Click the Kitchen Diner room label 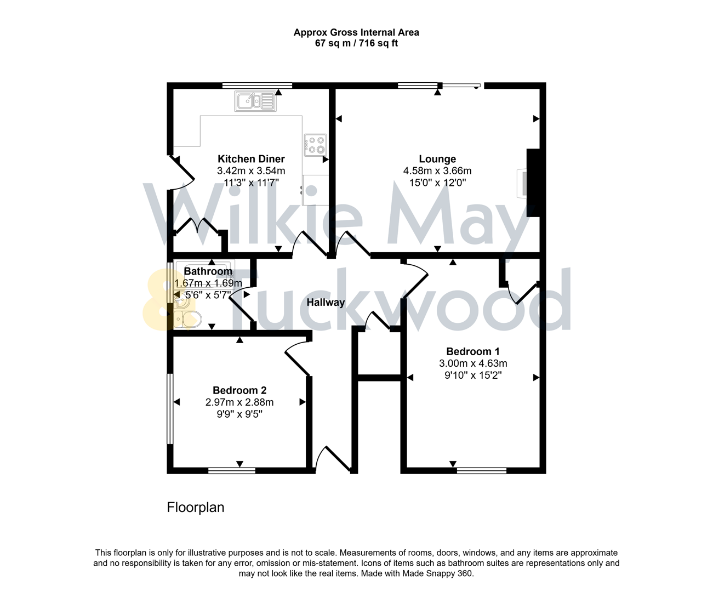(251, 159)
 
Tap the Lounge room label (437, 159)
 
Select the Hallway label (326, 302)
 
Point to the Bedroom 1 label (473, 351)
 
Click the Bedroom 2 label (239, 390)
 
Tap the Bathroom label (208, 271)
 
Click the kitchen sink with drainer (255, 101)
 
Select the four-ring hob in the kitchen (316, 145)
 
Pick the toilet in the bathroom (188, 318)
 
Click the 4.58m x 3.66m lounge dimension (437, 171)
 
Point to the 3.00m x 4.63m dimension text (473, 363)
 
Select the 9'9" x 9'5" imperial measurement (239, 414)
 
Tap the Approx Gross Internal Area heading (356, 32)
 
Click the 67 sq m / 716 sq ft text (356, 43)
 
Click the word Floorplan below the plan (196, 508)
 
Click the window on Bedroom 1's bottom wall (482, 470)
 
